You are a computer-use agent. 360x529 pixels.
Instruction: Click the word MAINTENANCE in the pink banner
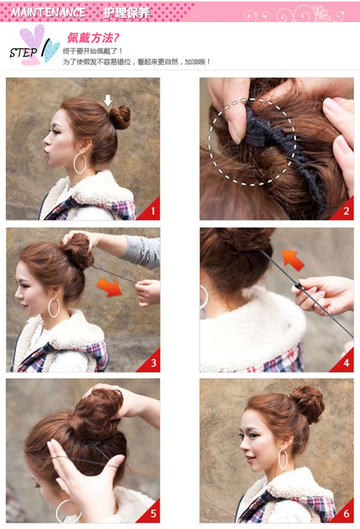tap(48, 12)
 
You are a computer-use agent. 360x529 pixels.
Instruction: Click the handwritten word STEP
tap(23, 52)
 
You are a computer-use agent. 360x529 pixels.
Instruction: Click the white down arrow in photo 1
tap(108, 100)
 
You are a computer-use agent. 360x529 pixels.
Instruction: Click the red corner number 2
tap(346, 211)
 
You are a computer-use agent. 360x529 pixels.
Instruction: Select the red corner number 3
tap(153, 363)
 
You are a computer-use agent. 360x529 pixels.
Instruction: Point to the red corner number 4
tap(346, 363)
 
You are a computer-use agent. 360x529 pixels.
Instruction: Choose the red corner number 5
tap(153, 514)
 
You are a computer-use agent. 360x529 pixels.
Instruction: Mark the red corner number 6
tap(346, 514)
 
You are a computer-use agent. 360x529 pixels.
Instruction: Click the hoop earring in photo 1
tap(80, 163)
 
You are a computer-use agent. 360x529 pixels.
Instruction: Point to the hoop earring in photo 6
tap(283, 459)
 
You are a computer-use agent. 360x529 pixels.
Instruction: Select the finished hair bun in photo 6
tap(308, 403)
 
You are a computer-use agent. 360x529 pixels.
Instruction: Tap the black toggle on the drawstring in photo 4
tap(299, 287)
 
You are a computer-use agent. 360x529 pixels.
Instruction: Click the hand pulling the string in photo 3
tap(148, 292)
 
